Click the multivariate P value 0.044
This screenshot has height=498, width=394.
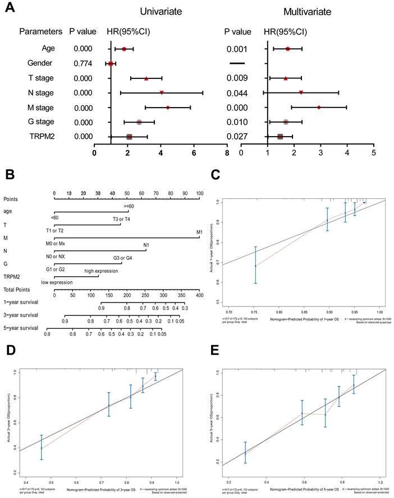237,92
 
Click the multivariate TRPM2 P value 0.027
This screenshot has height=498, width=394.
237,136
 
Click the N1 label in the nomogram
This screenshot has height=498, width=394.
146,245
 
